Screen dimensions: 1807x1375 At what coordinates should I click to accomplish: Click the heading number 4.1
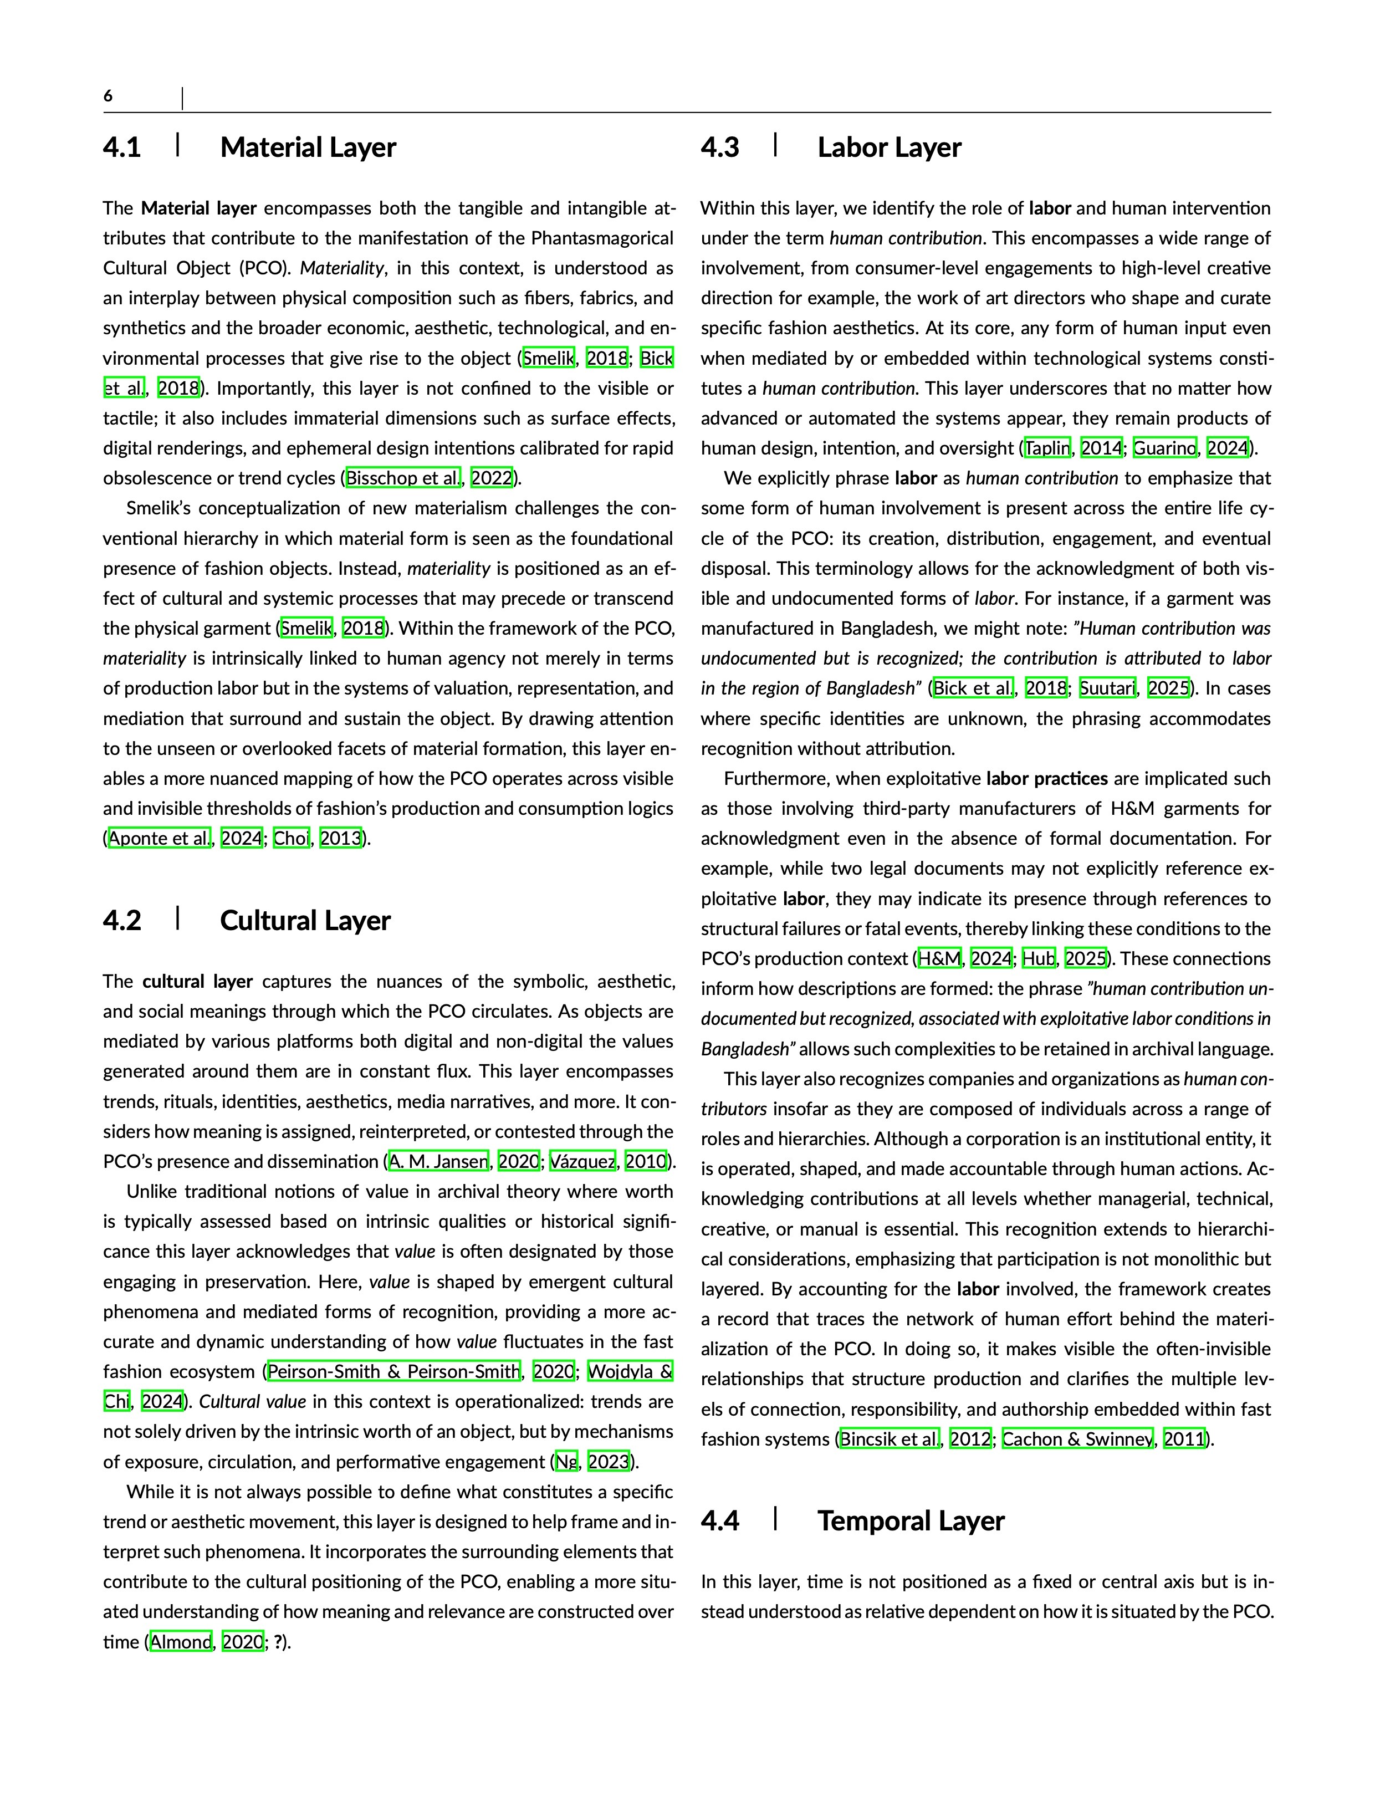click(122, 148)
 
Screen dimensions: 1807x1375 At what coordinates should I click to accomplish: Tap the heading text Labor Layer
click(889, 148)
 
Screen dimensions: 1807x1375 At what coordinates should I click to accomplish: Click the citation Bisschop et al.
click(403, 478)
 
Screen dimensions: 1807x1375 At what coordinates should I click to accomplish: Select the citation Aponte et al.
click(160, 838)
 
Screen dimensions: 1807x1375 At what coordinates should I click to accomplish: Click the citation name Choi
click(292, 838)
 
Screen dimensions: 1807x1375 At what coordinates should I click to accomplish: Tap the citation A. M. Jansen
click(439, 1161)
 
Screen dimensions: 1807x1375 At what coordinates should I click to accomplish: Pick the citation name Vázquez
click(582, 1161)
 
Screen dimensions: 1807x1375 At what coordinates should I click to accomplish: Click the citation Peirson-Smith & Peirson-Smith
click(393, 1372)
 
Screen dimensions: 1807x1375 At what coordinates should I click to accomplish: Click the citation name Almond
click(181, 1642)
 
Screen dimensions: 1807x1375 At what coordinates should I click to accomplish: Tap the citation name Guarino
click(1164, 448)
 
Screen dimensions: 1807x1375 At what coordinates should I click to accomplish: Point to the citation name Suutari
click(1107, 688)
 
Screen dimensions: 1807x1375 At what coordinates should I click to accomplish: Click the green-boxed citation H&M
click(939, 958)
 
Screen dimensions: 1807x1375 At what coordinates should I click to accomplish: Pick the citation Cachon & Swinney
click(1077, 1439)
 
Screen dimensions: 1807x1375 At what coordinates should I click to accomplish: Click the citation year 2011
click(1184, 1439)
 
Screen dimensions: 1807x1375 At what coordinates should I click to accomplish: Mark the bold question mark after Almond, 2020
click(278, 1642)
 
